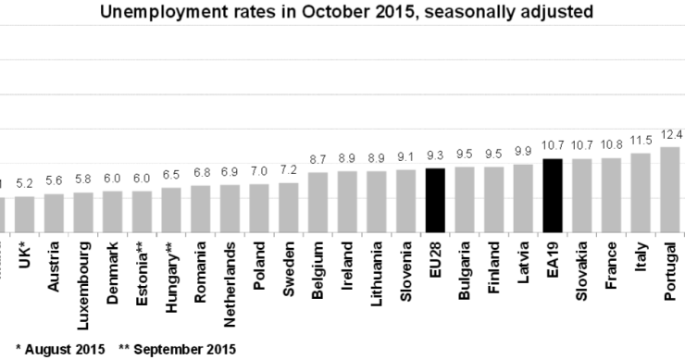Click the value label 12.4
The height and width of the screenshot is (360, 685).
[672, 136]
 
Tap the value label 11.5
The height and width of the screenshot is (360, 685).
[641, 142]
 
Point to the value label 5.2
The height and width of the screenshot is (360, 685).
[25, 184]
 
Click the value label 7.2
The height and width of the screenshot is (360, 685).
[289, 171]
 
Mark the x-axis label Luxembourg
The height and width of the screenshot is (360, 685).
[84, 274]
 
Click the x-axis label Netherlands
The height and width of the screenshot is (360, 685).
[230, 277]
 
